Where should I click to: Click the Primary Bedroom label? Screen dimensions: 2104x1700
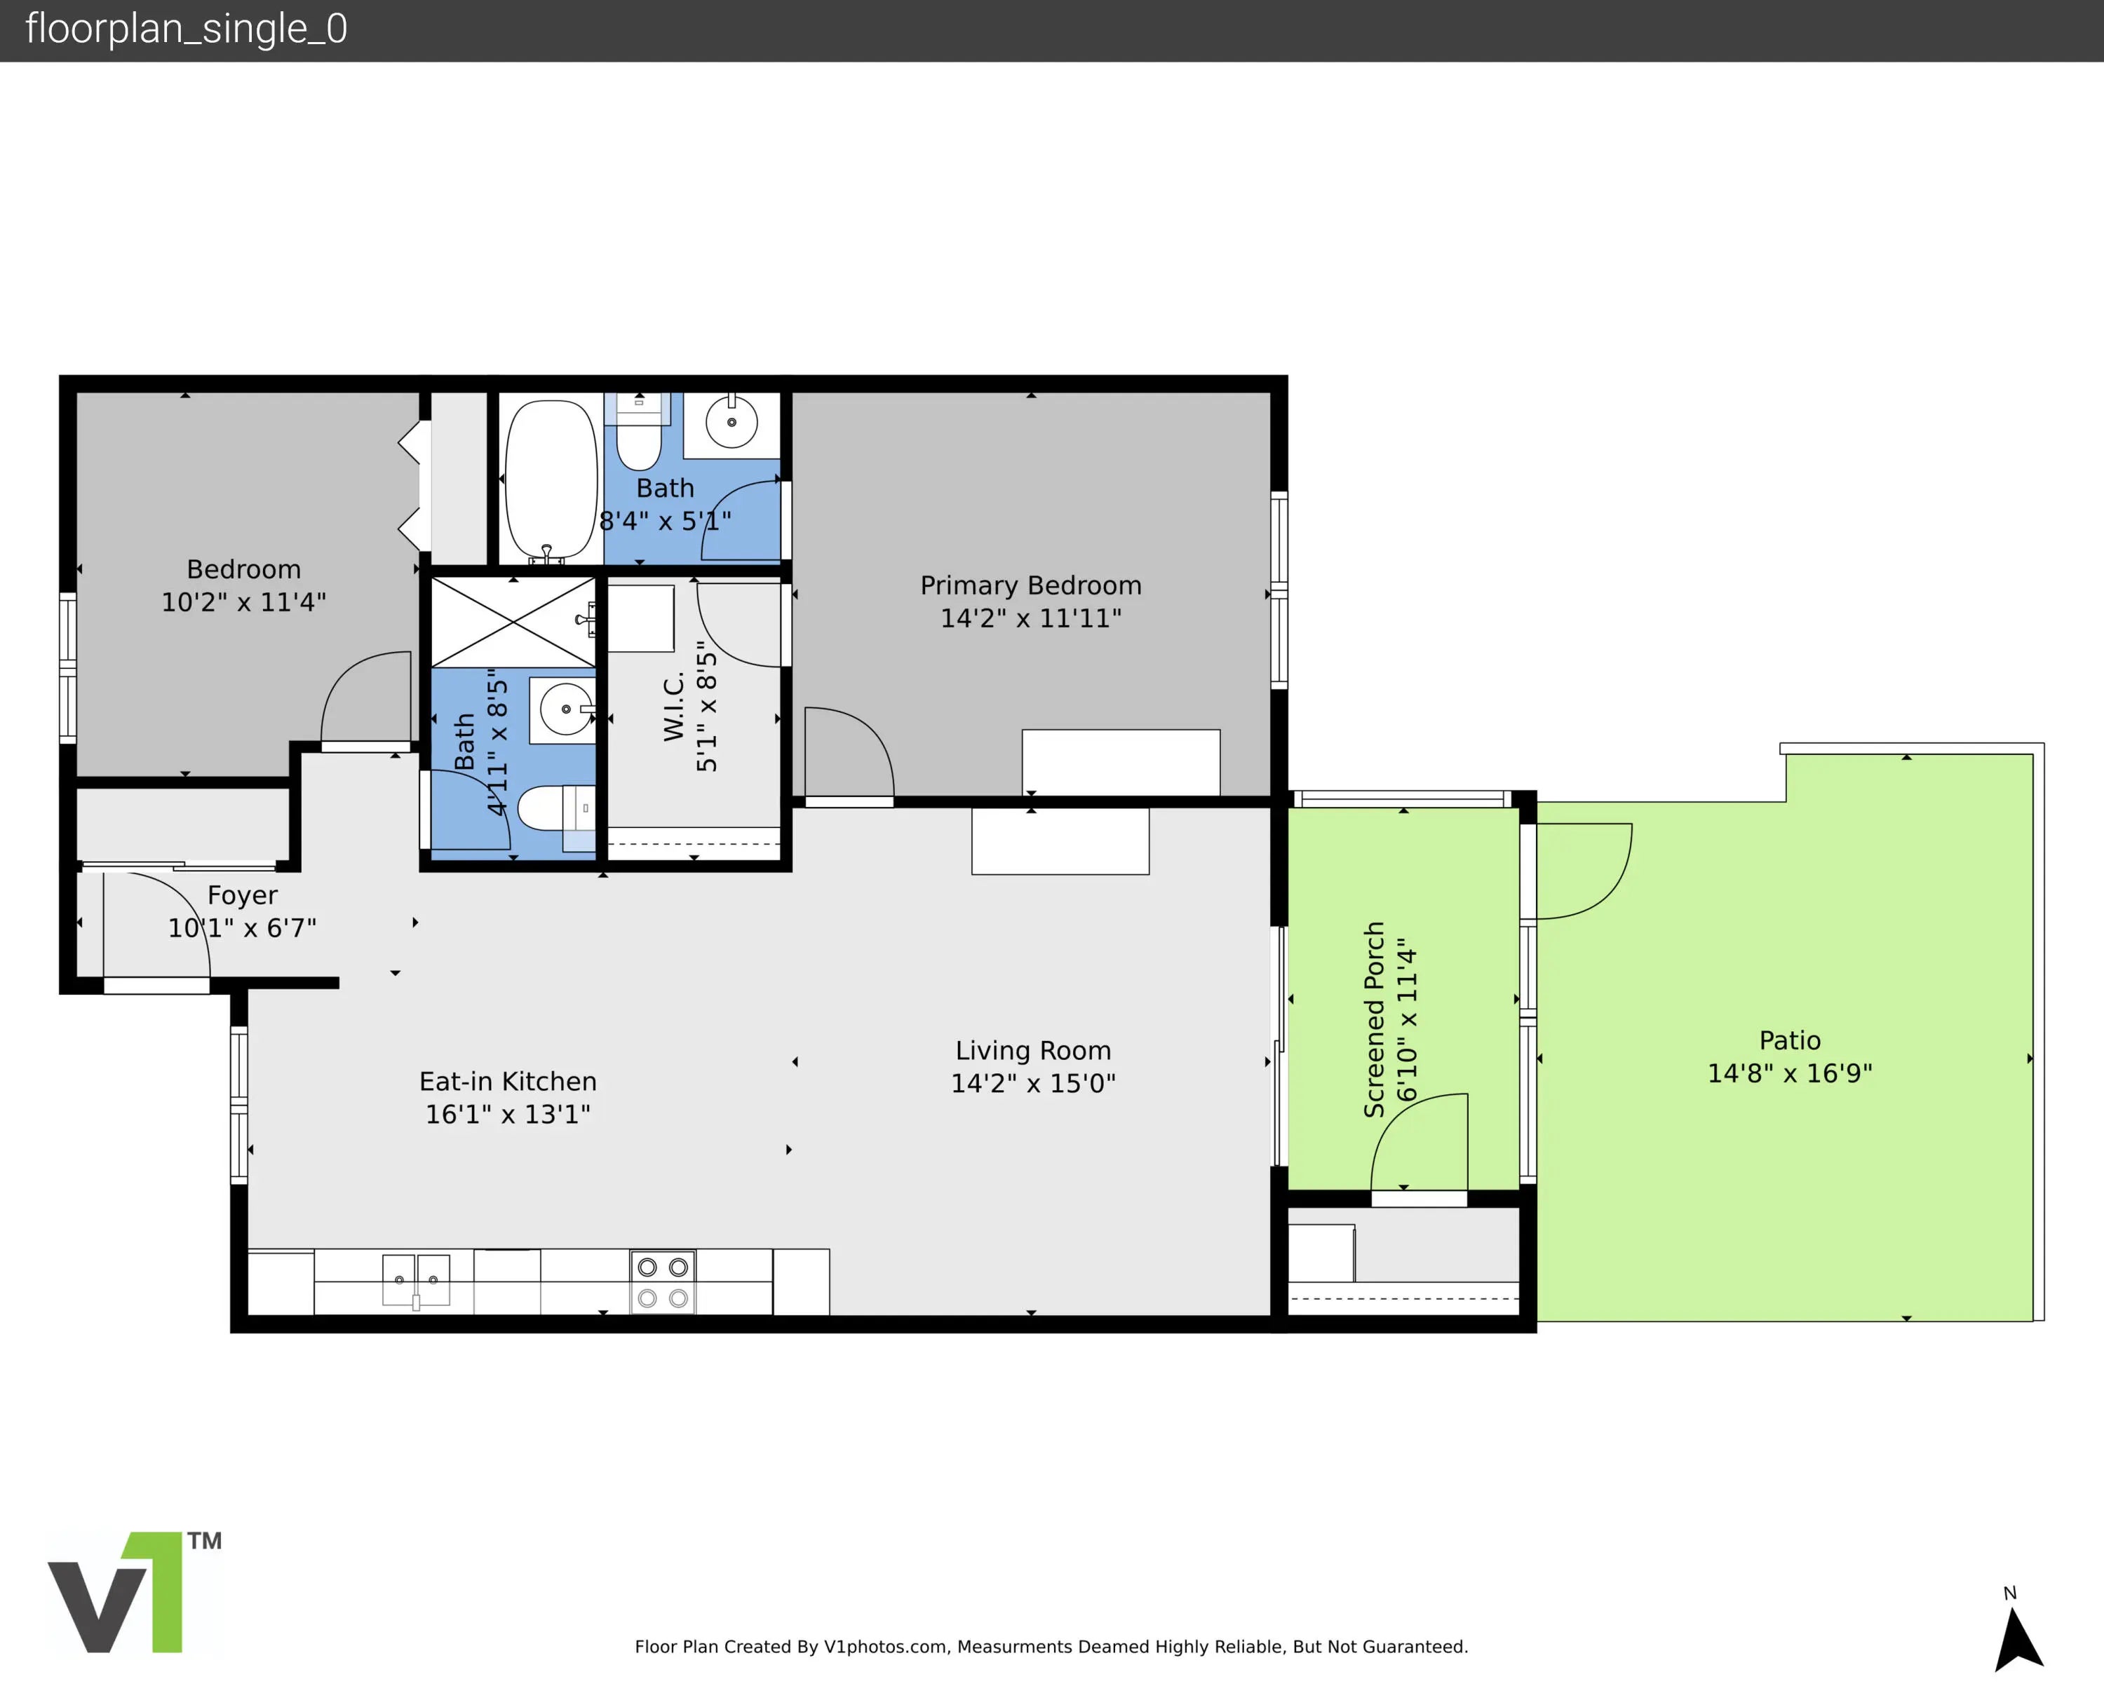[1030, 585]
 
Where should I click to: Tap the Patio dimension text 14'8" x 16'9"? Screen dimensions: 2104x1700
[1790, 1073]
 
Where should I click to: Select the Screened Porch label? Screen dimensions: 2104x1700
[1374, 1019]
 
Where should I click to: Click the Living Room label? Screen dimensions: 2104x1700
[1033, 1051]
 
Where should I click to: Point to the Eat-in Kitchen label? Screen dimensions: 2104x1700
[507, 1081]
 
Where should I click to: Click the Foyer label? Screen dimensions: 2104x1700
[242, 896]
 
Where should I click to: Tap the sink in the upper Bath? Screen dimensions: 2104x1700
[731, 423]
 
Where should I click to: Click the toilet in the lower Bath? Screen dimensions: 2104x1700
[555, 809]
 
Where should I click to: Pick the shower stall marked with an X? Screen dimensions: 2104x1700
[513, 622]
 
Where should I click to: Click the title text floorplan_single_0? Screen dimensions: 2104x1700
[186, 29]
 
